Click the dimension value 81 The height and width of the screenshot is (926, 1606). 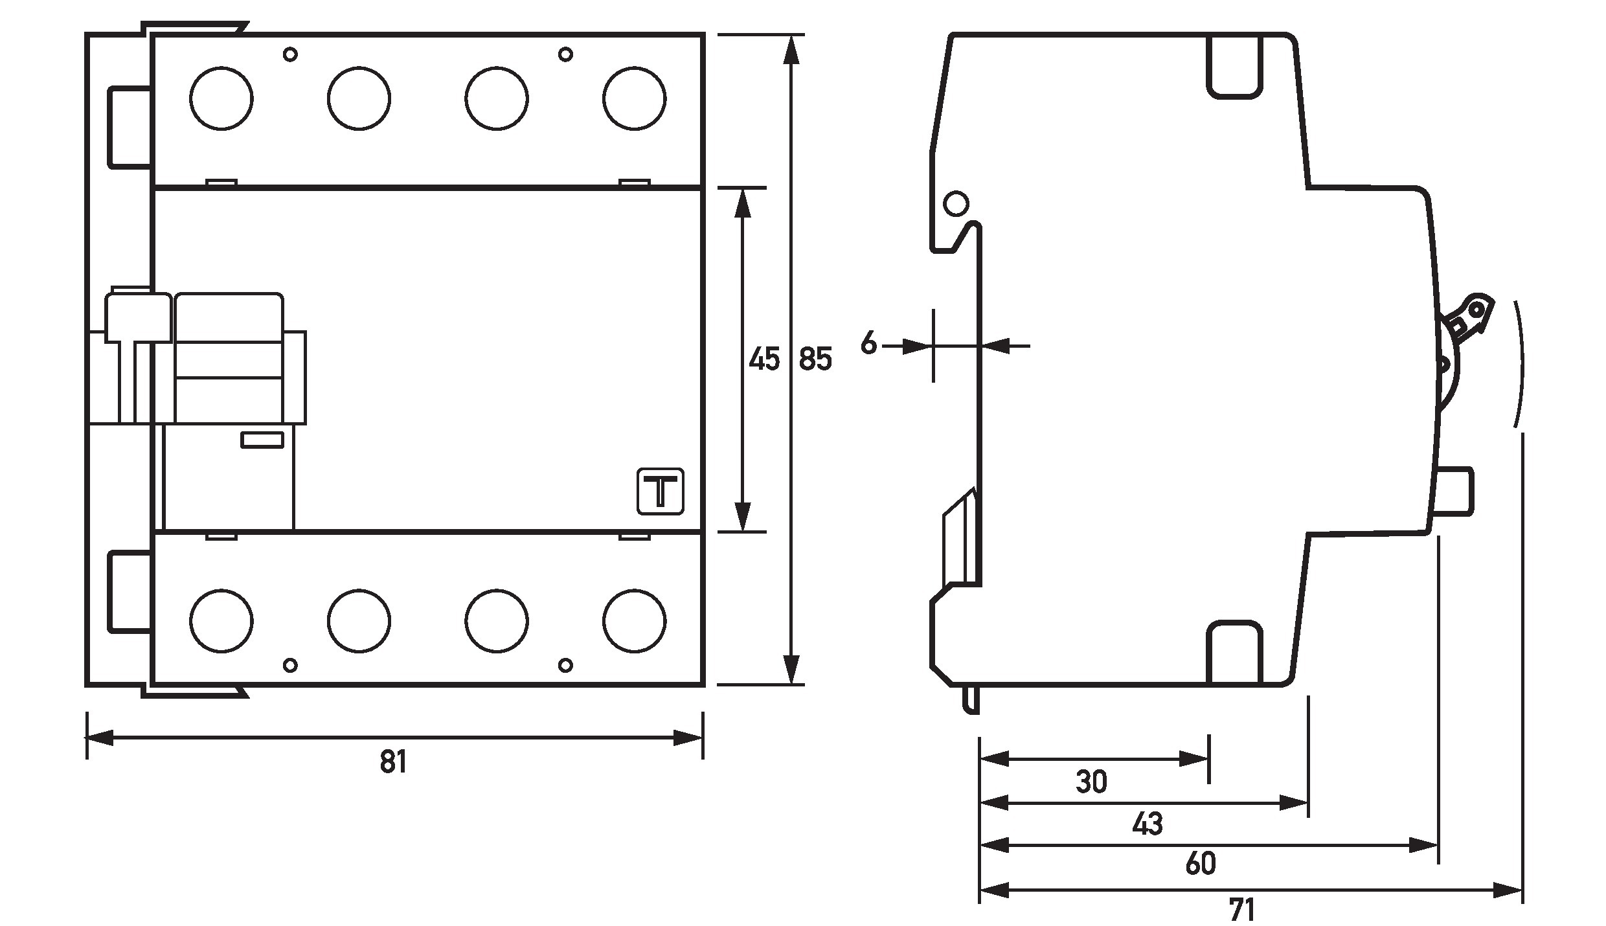(x=393, y=762)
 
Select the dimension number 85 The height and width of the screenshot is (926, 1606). (x=815, y=359)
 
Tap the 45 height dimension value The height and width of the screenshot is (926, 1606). (x=764, y=359)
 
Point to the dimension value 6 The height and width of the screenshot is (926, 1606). (x=868, y=344)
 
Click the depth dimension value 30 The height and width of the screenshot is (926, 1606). (x=1092, y=782)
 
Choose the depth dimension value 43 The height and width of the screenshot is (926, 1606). (x=1148, y=824)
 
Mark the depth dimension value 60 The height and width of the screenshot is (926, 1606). (x=1201, y=864)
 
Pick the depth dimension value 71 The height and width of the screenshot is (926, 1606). (x=1241, y=910)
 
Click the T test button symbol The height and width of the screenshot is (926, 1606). (x=661, y=491)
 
